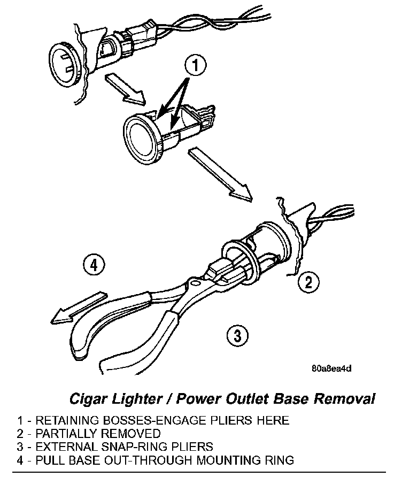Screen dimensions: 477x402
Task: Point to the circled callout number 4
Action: click(94, 265)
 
